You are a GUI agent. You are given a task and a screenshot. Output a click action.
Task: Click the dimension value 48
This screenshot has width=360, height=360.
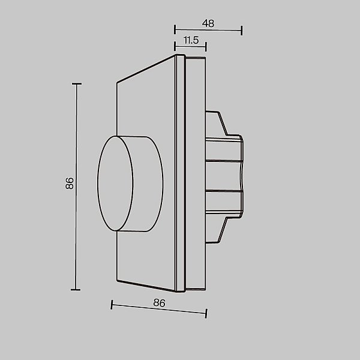pos(208,23)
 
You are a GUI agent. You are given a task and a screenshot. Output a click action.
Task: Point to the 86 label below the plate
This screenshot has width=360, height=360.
pos(159,303)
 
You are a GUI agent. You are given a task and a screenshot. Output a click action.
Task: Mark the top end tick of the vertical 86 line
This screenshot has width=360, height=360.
pos(76,84)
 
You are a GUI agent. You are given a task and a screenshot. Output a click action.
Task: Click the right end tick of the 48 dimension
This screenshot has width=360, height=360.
pos(241,31)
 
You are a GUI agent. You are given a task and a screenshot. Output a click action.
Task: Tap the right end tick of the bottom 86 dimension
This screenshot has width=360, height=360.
pos(206,313)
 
